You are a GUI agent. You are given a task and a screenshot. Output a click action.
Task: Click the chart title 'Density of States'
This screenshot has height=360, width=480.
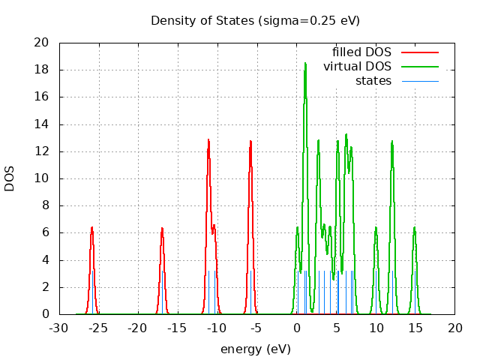point(255,20)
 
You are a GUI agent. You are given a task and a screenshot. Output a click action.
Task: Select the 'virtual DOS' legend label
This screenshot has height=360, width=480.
point(357,67)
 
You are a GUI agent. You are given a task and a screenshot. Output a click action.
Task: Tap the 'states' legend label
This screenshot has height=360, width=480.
point(373,80)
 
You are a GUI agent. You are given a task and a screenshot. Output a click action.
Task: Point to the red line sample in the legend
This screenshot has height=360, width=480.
point(419,52)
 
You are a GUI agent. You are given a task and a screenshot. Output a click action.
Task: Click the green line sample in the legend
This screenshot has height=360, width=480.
point(419,67)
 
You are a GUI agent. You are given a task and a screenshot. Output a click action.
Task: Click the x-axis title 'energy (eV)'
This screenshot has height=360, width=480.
point(255,349)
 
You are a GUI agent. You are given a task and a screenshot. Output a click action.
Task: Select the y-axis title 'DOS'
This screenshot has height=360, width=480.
point(10,178)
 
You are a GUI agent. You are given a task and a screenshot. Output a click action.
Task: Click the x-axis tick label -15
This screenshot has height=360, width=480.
point(177,328)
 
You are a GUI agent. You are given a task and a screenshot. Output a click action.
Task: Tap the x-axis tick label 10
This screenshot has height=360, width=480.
point(376,328)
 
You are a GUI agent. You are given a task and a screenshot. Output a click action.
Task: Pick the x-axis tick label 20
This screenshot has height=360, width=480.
point(455,328)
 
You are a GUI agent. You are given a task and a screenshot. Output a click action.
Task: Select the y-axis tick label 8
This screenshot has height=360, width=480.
point(46,205)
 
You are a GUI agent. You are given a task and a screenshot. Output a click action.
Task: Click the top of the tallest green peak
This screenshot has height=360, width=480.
point(305,64)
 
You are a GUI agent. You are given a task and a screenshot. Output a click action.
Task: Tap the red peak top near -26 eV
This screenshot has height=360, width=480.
point(92,227)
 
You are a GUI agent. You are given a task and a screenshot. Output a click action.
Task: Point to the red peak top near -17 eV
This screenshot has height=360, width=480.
point(161,228)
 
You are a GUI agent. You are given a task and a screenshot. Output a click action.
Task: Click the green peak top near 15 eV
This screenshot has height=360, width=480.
point(414,227)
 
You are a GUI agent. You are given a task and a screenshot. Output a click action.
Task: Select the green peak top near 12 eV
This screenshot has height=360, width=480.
point(391,141)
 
